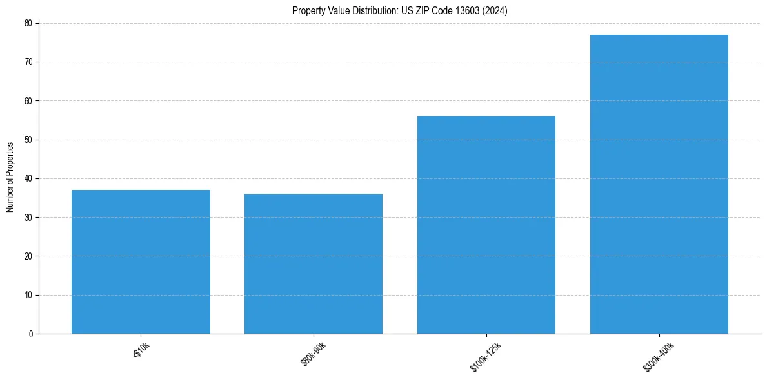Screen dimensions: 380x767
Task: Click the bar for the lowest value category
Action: pyautogui.click(x=141, y=261)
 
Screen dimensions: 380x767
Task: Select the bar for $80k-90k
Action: pyautogui.click(x=314, y=263)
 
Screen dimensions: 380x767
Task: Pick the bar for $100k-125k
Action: pyautogui.click(x=486, y=225)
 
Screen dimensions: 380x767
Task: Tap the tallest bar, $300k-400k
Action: pyautogui.click(x=659, y=184)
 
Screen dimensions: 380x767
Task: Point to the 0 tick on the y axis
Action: pyautogui.click(x=31, y=334)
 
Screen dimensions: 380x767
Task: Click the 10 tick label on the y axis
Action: pyautogui.click(x=29, y=295)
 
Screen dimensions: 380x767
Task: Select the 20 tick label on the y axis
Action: pyautogui.click(x=29, y=256)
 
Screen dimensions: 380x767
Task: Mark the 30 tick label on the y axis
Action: pyautogui.click(x=29, y=218)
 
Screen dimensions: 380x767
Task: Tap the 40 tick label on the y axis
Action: pyautogui.click(x=29, y=178)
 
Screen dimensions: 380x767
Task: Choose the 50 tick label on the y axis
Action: pyautogui.click(x=29, y=140)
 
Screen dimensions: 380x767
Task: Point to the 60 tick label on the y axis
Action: pyautogui.click(x=29, y=101)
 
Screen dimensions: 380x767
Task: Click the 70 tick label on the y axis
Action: pyautogui.click(x=29, y=62)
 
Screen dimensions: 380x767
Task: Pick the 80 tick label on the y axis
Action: pyautogui.click(x=29, y=24)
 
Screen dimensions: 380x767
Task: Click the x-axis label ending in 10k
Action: pyautogui.click(x=141, y=350)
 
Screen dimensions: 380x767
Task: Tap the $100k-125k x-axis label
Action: pyautogui.click(x=485, y=356)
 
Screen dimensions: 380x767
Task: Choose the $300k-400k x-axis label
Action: pyautogui.click(x=657, y=356)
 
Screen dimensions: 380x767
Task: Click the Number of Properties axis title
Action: pyautogui.click(x=10, y=178)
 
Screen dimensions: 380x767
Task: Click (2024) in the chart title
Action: pyautogui.click(x=497, y=10)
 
